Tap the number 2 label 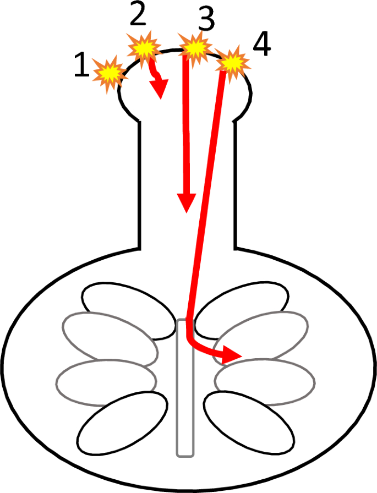pyautogui.click(x=138, y=17)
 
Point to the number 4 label pyautogui.click(x=261, y=46)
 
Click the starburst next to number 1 pyautogui.click(x=108, y=72)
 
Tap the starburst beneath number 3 pyautogui.click(x=194, y=48)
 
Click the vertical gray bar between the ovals pyautogui.click(x=185, y=387)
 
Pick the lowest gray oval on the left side pyautogui.click(x=106, y=379)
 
